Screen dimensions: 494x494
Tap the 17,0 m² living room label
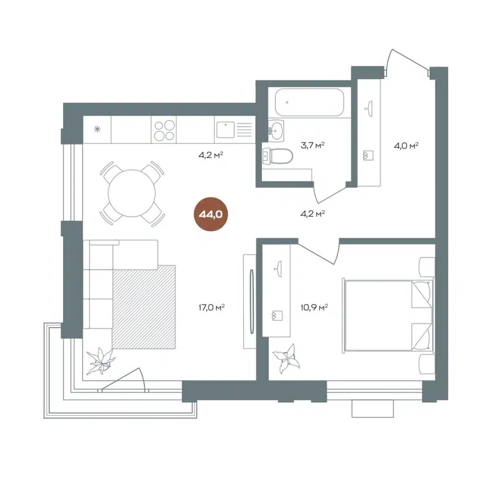pos(211,305)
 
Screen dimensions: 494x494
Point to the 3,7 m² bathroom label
pos(312,145)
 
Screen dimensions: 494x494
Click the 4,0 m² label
pos(406,145)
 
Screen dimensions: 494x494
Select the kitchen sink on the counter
pos(226,130)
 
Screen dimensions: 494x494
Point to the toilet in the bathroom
pos(278,156)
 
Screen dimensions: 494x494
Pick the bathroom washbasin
pos(276,130)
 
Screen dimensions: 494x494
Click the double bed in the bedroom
pos(386,315)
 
